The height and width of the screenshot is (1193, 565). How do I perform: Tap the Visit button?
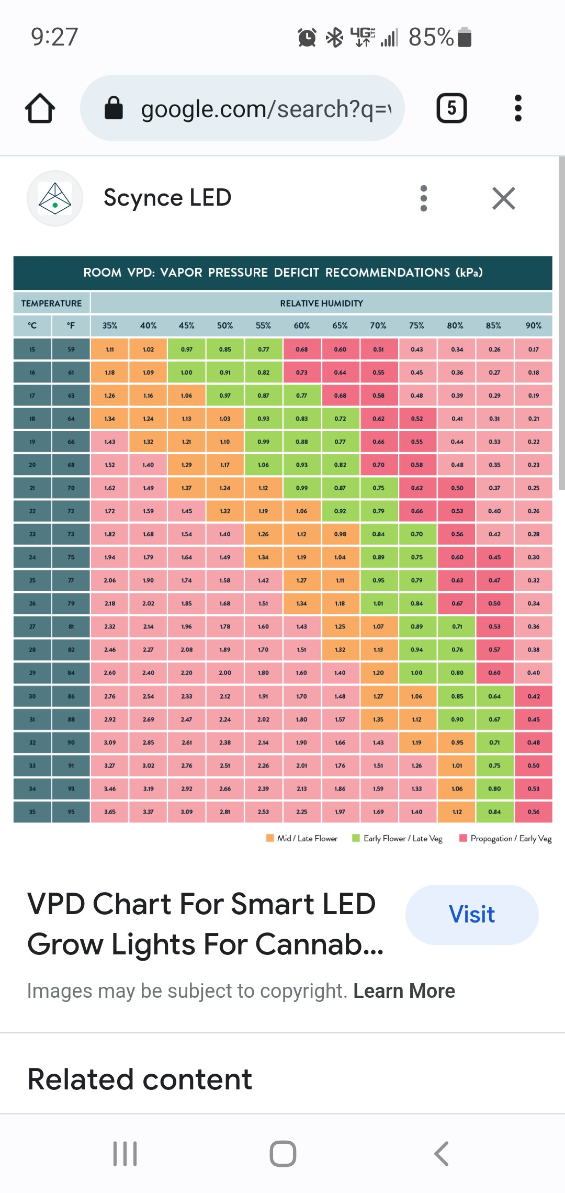pyautogui.click(x=472, y=915)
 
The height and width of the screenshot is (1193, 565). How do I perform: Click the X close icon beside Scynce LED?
pyautogui.click(x=504, y=198)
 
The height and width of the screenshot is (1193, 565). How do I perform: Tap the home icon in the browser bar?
pyautogui.click(x=40, y=108)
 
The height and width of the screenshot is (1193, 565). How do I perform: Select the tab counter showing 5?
pyautogui.click(x=451, y=108)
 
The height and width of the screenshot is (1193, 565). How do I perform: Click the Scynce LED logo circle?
pyautogui.click(x=55, y=198)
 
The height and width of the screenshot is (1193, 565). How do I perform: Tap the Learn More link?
pyautogui.click(x=404, y=991)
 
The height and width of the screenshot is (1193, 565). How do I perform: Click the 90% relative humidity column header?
pyautogui.click(x=533, y=325)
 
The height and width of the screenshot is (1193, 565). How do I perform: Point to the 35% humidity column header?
pyautogui.click(x=110, y=325)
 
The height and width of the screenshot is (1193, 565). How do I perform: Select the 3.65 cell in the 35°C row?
pyautogui.click(x=110, y=812)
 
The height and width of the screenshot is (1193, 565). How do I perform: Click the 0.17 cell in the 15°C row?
pyautogui.click(x=533, y=349)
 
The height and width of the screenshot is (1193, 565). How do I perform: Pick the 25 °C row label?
pyautogui.click(x=32, y=580)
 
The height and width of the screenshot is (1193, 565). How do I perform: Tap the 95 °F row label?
pyautogui.click(x=71, y=812)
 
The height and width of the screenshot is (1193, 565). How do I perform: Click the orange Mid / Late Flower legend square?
pyautogui.click(x=270, y=838)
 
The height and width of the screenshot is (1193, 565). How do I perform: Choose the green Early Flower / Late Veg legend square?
pyautogui.click(x=356, y=838)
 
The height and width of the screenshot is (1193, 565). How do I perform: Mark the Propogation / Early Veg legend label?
pyautogui.click(x=511, y=838)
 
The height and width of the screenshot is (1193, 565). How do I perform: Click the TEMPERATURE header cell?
pyautogui.click(x=51, y=303)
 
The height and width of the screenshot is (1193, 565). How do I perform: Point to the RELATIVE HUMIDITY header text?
pyautogui.click(x=321, y=303)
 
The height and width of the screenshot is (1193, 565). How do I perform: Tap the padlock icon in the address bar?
pyautogui.click(x=114, y=108)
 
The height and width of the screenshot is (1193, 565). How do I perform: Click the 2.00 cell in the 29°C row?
pyautogui.click(x=225, y=673)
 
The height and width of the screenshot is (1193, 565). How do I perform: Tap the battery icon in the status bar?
pyautogui.click(x=465, y=37)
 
